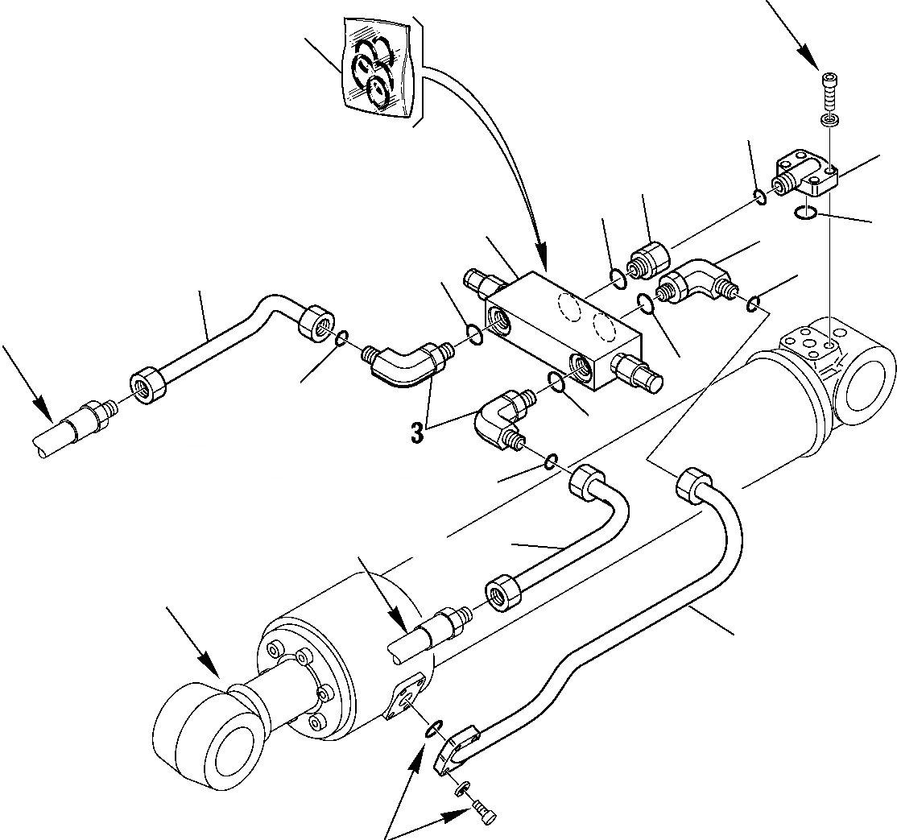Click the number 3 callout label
pos(416,432)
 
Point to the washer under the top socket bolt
pos(829,119)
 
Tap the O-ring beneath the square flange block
pos(804,213)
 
